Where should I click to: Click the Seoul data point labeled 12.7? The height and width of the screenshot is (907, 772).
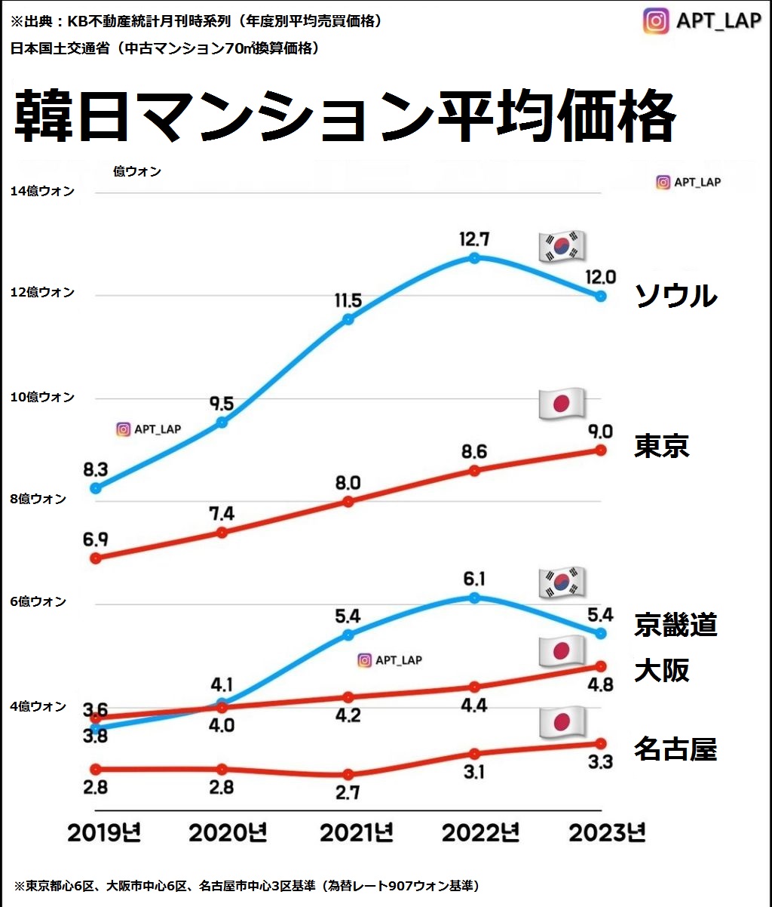[x=474, y=258]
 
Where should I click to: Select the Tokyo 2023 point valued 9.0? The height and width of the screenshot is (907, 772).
[x=601, y=450]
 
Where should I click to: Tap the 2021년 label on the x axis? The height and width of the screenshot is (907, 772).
[x=357, y=833]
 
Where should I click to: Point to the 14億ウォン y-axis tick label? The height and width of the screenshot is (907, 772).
[x=42, y=192]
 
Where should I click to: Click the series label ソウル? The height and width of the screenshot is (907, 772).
[x=675, y=296]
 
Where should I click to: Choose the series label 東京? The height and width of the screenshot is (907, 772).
[x=662, y=446]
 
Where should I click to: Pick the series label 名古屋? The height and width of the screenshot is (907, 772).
[x=675, y=749]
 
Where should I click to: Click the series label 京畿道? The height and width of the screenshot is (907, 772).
[x=675, y=626]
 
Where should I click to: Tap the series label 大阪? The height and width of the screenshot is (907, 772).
[x=662, y=670]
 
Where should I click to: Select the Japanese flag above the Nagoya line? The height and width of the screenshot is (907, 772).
[x=562, y=722]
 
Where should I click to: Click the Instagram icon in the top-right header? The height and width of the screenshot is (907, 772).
[x=656, y=20]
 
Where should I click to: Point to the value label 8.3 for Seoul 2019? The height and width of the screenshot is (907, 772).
[x=96, y=469]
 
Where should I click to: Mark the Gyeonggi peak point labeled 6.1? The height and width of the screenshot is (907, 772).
[x=474, y=598]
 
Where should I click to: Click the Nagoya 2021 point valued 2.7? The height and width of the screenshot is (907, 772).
[x=348, y=775]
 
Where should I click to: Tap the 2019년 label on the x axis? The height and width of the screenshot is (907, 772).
[x=104, y=833]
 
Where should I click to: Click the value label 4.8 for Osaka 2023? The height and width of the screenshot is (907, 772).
[x=601, y=685]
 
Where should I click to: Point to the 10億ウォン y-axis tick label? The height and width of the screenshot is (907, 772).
[x=42, y=397]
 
